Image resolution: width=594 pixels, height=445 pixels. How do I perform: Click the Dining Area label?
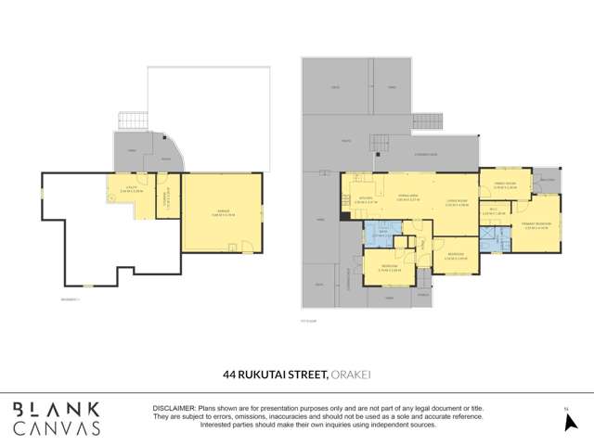(407, 197)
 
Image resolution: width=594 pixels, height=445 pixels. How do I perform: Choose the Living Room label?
(455, 202)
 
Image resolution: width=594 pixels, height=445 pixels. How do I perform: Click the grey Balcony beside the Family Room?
(548, 180)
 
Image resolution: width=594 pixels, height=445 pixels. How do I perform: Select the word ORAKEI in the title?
(352, 375)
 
